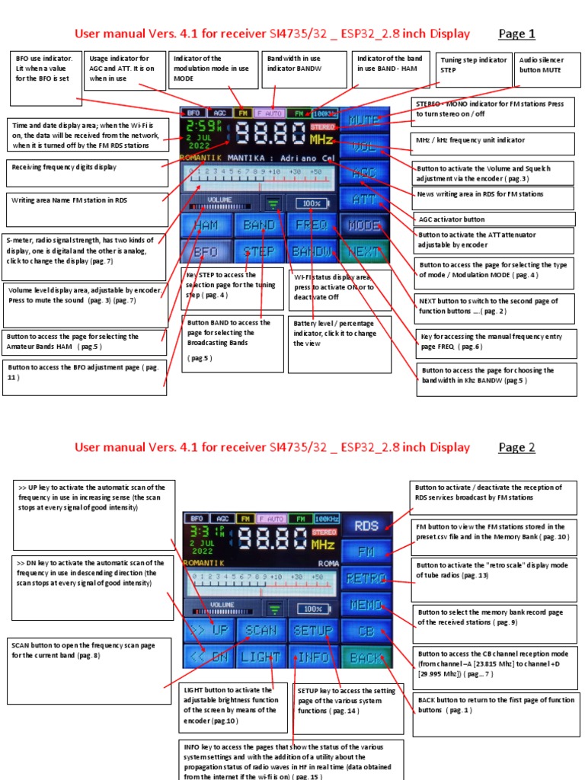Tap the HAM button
(206, 225)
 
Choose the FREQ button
(312, 225)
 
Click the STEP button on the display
(259, 251)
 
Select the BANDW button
(312, 251)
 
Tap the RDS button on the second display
(366, 525)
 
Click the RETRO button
(366, 578)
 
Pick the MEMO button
(366, 605)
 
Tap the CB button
(366, 631)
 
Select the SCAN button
(260, 631)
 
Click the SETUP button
(313, 631)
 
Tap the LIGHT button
(260, 657)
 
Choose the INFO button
(313, 657)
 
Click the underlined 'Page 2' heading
(517, 447)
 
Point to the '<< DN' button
(207, 657)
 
